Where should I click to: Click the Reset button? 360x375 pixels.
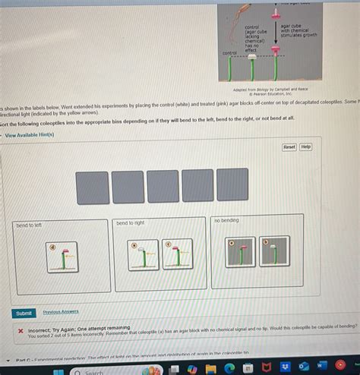289,147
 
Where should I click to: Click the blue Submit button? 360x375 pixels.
24,313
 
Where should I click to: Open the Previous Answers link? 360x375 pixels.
60,312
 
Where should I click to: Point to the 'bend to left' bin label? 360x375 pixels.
30,225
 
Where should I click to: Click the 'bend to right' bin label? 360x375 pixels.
130,223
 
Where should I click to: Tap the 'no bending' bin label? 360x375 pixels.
226,220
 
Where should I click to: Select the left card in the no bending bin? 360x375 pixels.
240,251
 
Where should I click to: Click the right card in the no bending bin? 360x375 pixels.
273,251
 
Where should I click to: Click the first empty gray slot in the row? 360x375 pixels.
91,187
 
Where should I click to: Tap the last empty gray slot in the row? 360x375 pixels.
232,184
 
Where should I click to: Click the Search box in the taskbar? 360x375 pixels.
95,372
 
